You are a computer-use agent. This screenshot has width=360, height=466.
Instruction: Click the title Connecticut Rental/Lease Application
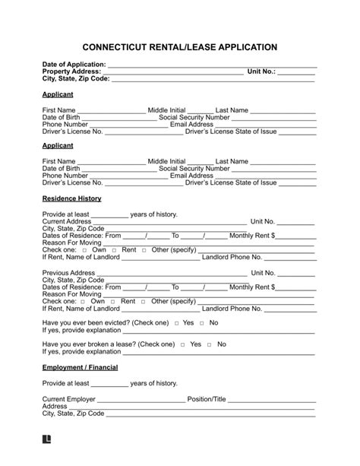click(179, 46)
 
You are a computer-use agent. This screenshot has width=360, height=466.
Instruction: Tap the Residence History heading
click(72, 198)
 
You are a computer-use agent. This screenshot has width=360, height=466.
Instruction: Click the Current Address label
click(69, 220)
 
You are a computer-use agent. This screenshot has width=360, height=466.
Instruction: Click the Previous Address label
click(69, 272)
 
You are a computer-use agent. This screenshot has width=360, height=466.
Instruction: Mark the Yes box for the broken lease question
click(182, 344)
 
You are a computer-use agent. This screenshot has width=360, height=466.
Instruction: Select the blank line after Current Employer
click(141, 399)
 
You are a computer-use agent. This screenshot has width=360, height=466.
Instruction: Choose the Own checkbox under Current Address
click(84, 250)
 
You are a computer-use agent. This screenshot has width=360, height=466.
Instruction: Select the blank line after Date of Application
click(212, 65)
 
